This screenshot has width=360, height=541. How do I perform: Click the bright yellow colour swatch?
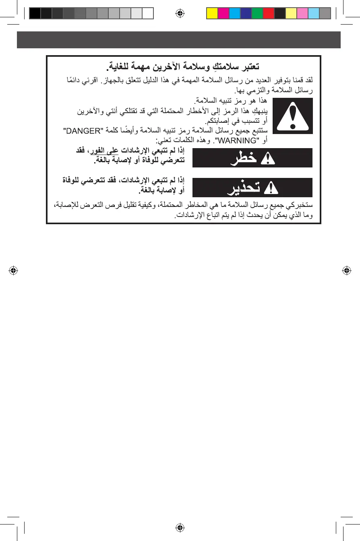point(212,14)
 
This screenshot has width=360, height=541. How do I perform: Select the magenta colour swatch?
point(223,14)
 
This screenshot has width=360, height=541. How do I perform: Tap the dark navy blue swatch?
point(246,14)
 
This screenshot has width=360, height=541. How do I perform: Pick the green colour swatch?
point(257,14)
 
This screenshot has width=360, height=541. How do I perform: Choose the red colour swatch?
point(268,14)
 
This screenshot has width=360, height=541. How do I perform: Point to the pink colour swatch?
point(302,14)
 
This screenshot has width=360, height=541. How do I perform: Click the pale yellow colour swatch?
point(291,14)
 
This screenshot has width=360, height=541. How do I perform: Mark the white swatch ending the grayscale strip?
point(148,14)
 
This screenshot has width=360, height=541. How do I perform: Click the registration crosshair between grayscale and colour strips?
point(180,13)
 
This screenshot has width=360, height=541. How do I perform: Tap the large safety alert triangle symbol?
point(293,116)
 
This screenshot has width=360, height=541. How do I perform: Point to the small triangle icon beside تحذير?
point(270,188)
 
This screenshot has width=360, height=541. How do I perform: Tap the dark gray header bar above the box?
point(178,40)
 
